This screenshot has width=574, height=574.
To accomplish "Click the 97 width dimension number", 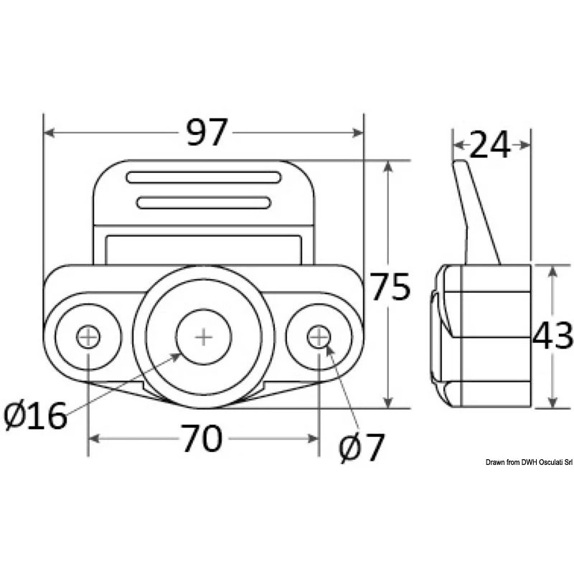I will [x=207, y=133].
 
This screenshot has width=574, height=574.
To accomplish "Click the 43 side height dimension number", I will [x=552, y=336].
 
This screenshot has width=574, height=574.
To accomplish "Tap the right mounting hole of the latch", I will [x=319, y=336].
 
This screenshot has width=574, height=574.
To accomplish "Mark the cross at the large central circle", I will [x=204, y=337].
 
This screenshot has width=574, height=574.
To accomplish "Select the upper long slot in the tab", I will [x=204, y=177].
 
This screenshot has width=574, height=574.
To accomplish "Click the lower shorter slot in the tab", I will [x=204, y=202].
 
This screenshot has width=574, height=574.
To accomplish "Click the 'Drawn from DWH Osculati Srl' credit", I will [x=527, y=463].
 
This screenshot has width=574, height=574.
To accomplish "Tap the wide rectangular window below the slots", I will [x=204, y=248].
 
